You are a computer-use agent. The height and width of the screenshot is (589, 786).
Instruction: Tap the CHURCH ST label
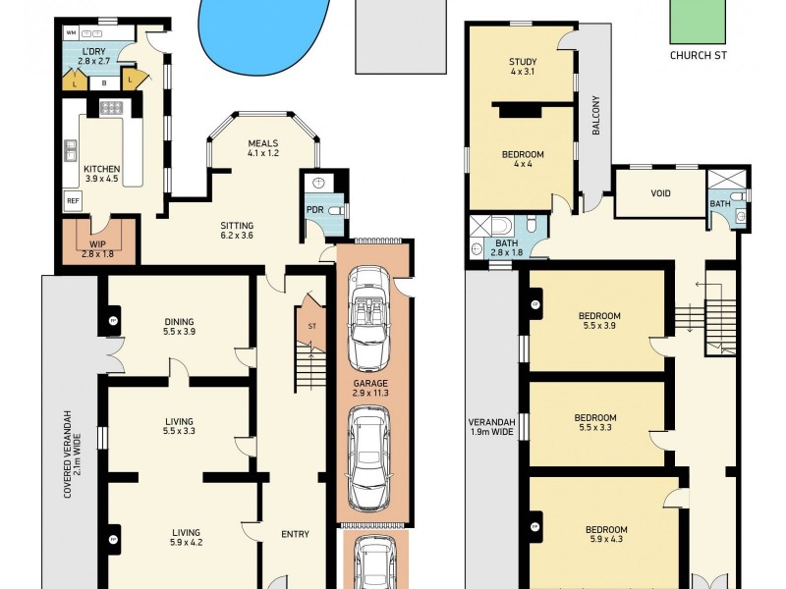[x=698, y=55]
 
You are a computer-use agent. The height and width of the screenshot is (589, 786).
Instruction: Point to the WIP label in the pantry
[x=97, y=242]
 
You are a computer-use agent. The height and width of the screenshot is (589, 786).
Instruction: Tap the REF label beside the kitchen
[x=72, y=200]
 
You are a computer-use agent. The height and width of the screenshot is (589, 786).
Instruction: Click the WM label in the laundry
[x=71, y=33]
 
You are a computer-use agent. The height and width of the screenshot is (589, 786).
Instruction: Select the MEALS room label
[x=263, y=143]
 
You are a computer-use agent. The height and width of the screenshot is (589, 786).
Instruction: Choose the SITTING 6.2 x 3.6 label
[x=236, y=230]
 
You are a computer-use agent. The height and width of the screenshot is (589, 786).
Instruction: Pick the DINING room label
[x=179, y=322]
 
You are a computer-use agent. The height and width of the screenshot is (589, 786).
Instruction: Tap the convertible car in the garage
[x=369, y=306]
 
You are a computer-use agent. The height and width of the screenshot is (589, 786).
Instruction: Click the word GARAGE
[x=371, y=384]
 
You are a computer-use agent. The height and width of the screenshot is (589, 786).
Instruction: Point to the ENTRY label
[x=295, y=534]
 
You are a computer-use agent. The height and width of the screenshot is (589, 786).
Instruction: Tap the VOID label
[x=660, y=193]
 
